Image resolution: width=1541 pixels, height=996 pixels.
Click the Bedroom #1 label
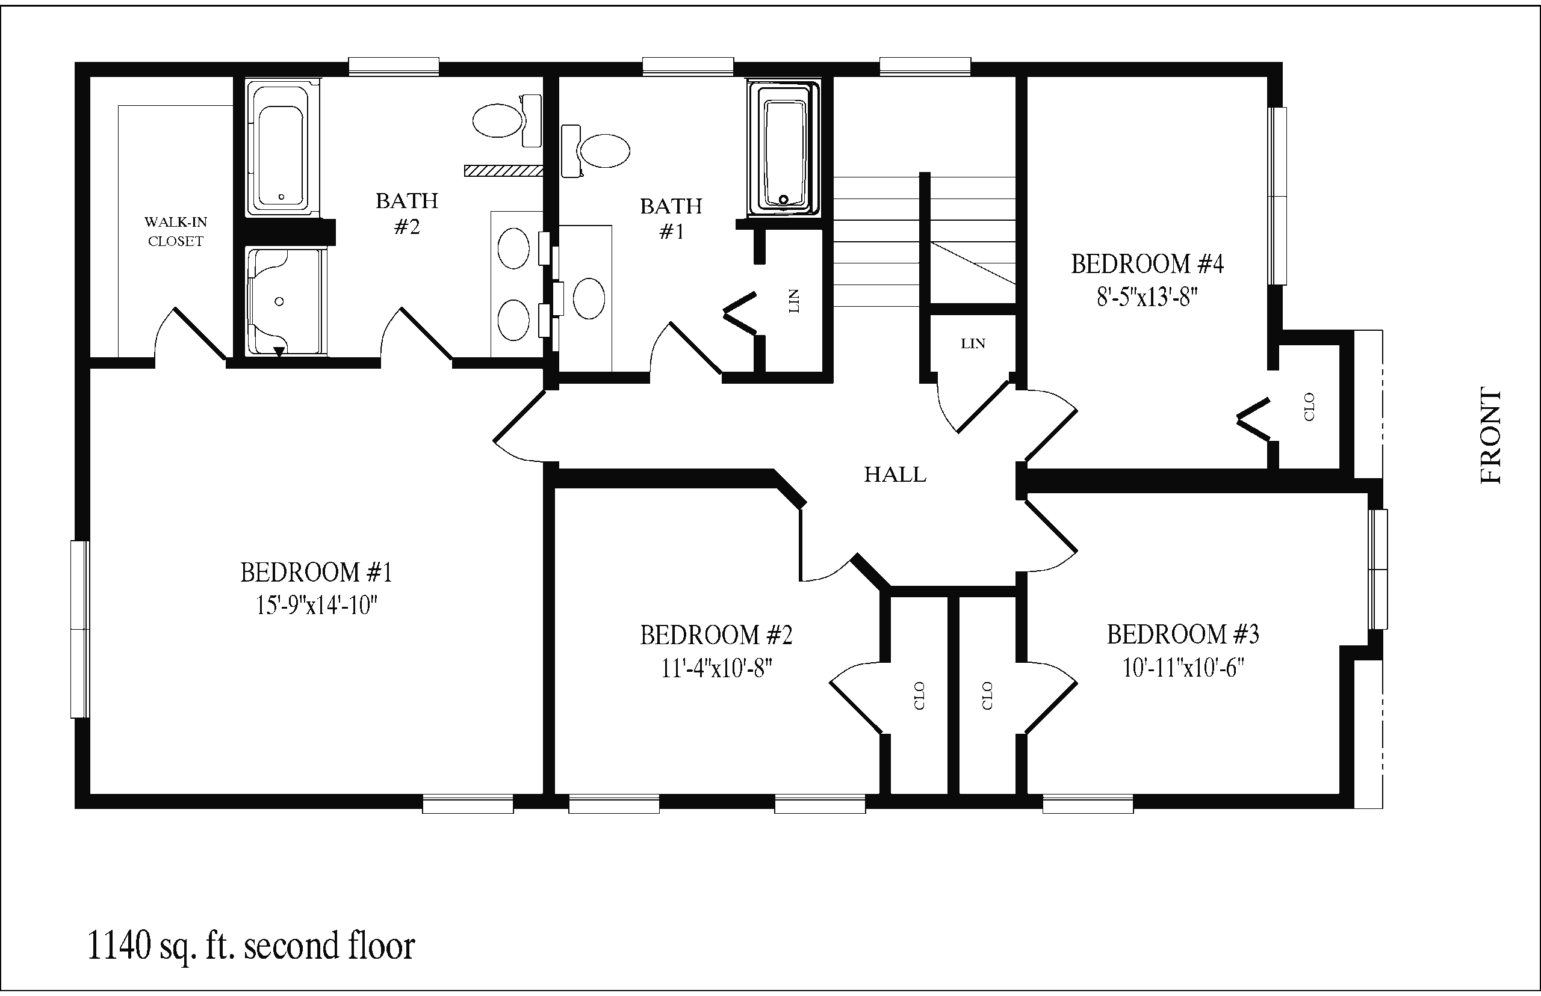click(317, 573)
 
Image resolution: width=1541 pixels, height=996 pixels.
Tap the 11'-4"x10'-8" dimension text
click(716, 668)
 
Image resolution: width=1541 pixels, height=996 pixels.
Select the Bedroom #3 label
click(1183, 635)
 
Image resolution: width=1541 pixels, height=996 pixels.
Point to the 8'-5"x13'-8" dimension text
click(1147, 297)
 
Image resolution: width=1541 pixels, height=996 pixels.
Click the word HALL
click(895, 475)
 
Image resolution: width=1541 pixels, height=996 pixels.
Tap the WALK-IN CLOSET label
click(175, 232)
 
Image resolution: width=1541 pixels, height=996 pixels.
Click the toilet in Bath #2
click(507, 120)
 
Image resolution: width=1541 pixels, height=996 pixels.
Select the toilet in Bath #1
click(595, 151)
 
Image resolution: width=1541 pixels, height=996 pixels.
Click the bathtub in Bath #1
click(784, 148)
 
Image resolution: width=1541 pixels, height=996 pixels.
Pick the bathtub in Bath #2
click(283, 148)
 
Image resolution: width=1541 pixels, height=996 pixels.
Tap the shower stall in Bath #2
click(285, 301)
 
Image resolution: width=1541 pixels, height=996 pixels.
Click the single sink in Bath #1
click(589, 298)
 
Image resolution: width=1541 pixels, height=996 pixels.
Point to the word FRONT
click(1490, 435)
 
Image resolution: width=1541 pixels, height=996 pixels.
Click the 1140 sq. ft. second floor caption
click(251, 946)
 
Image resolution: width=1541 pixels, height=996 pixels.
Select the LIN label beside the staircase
click(973, 344)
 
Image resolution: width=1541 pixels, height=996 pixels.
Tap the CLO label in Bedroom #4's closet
click(1309, 407)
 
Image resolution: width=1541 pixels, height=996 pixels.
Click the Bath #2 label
click(407, 214)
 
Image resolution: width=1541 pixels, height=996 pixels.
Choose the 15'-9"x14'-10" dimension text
click(317, 606)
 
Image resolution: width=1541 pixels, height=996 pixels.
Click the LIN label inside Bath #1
click(794, 301)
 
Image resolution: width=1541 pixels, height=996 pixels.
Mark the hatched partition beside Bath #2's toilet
click(503, 171)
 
